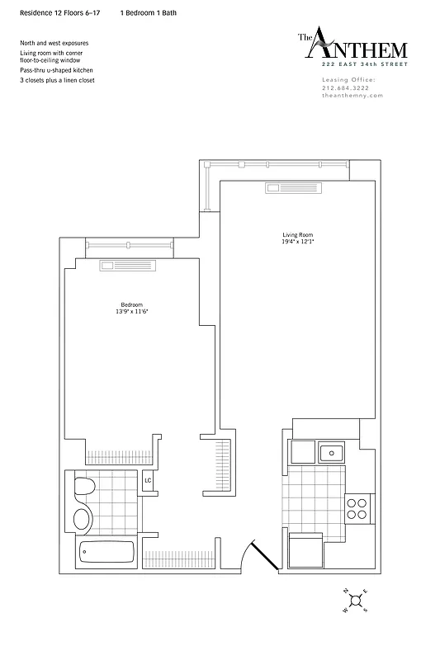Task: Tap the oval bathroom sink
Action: pos(83,519)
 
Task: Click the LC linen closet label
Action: pos(149,480)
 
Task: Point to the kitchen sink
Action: pos(332,451)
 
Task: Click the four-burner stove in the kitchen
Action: pos(357,507)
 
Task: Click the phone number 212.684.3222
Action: pos(346,88)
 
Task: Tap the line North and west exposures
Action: pos(54,43)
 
